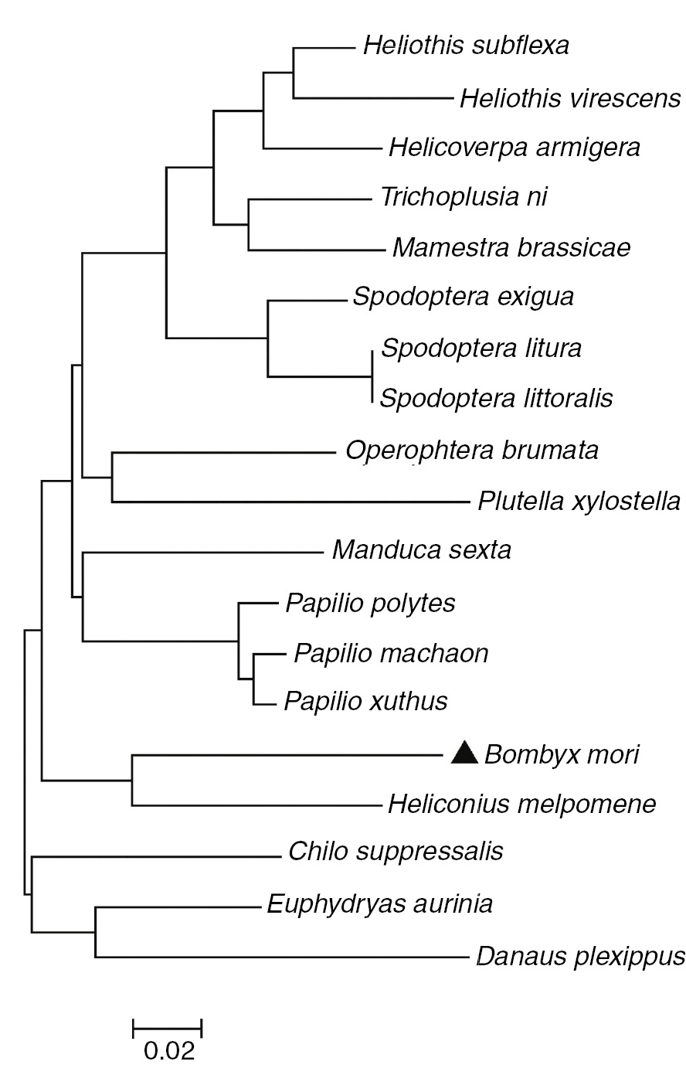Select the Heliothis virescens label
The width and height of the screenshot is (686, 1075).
[x=570, y=99]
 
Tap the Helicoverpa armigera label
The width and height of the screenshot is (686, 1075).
[x=514, y=147]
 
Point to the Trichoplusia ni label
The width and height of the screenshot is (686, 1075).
[x=464, y=197]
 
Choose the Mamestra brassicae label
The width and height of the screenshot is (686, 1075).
[x=511, y=248]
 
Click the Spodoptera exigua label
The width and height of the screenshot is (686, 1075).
[x=463, y=297]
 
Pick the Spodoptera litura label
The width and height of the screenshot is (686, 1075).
[x=481, y=348]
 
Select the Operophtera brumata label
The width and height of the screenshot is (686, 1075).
[x=472, y=449]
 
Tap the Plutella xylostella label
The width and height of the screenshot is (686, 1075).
[x=579, y=502]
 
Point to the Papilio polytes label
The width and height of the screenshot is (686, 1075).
[x=370, y=602]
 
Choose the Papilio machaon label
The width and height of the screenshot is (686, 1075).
[x=391, y=654]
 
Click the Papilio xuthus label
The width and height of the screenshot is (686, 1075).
[x=365, y=702]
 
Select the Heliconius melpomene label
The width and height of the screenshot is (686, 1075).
[x=522, y=805]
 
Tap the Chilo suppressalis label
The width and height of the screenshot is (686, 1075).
[x=396, y=852]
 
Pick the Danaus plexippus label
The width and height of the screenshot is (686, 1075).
[x=580, y=957]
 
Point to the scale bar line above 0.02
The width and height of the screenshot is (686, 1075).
[x=167, y=1027]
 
